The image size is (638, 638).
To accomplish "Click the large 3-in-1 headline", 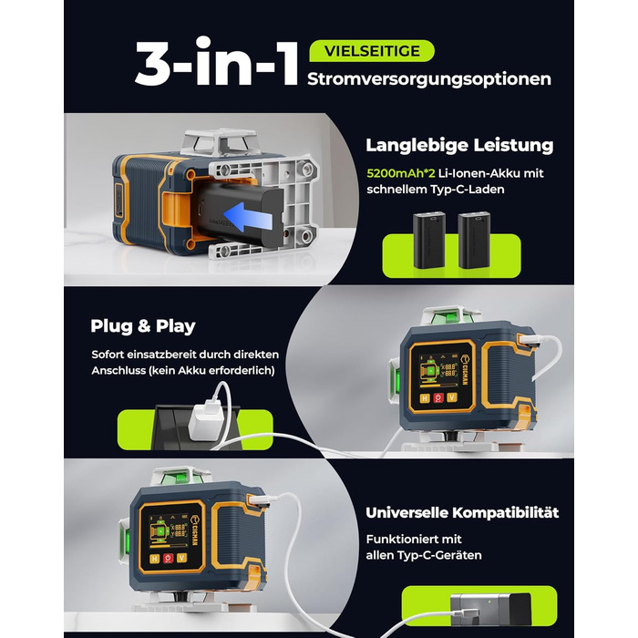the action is coord(217,61).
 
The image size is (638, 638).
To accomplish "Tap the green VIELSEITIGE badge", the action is coord(372,51).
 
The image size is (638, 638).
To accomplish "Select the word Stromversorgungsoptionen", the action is coord(429,79).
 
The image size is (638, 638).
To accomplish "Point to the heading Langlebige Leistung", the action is coord(459,145).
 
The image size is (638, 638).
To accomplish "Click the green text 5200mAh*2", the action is coord(401,173).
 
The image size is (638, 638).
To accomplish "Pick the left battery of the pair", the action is coord(429,240).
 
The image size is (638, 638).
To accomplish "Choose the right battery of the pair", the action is coord(474,240).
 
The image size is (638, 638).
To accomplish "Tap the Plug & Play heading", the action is coord(143,326).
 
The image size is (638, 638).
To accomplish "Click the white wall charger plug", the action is coord(207,419).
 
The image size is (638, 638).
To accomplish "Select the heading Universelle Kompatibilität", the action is coord(462,512).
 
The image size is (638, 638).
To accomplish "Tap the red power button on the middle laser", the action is coord(438,397).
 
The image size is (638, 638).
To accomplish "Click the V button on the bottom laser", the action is coord(181,558).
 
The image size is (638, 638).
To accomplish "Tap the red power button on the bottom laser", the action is coord(168,558).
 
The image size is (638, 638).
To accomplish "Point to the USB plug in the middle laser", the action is coord(530,340).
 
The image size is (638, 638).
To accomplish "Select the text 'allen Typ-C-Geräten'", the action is coord(424,555).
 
